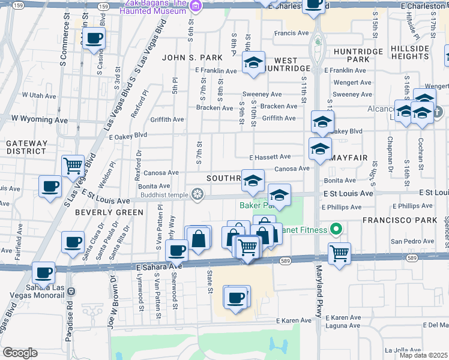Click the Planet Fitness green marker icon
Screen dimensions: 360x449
336,229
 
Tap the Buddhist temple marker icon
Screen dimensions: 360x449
196,194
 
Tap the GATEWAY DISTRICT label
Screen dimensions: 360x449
26,148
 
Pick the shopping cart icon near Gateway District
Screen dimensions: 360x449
73,165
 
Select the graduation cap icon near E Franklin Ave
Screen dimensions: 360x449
253,62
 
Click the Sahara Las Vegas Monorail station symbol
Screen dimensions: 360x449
71,292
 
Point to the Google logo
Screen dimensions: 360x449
20,353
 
